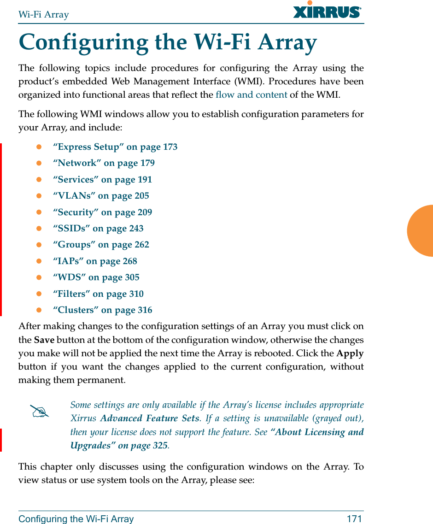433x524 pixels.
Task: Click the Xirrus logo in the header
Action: click(x=327, y=11)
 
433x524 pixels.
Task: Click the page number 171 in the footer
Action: click(x=354, y=519)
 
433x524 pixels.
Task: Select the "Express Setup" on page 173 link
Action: click(x=115, y=147)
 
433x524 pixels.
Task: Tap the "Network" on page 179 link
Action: click(x=104, y=163)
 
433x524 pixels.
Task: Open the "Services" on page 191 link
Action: click(x=102, y=180)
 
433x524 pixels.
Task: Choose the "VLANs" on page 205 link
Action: click(x=101, y=196)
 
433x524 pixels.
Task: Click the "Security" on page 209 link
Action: click(x=102, y=212)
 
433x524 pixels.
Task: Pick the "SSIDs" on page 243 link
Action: click(x=98, y=229)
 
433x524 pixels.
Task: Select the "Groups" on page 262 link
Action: click(x=101, y=245)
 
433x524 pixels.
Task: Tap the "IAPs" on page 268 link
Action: click(x=95, y=261)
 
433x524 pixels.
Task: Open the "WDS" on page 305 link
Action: click(x=96, y=277)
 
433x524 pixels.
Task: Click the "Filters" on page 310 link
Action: click(x=98, y=294)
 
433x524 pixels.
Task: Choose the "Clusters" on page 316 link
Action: click(x=102, y=310)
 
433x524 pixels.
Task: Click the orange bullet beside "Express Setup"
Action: click(x=39, y=147)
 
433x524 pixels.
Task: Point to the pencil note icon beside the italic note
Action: click(x=39, y=411)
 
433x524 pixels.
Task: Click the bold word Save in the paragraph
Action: click(x=44, y=340)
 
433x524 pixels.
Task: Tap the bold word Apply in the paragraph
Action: click(x=350, y=353)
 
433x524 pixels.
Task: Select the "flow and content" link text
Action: click(x=252, y=95)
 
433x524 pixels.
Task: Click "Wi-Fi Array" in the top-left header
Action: click(x=44, y=14)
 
